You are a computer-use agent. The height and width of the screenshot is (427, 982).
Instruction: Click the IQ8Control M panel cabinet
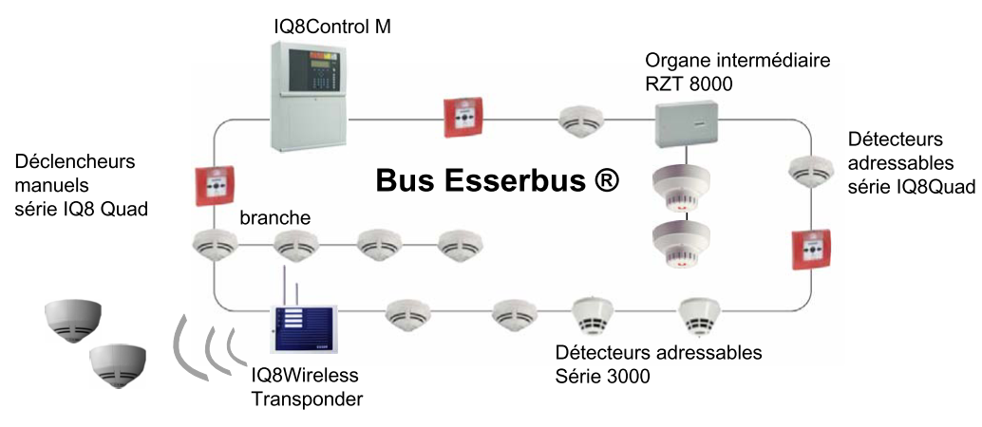309,96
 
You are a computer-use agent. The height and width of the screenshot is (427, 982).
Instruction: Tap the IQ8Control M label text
332,27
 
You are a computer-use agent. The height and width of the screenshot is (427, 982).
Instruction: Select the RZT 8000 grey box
688,124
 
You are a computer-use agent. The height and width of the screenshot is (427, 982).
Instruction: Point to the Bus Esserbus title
498,181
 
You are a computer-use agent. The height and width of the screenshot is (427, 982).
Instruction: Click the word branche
274,218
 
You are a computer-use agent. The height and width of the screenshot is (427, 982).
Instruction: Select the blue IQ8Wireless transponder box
304,328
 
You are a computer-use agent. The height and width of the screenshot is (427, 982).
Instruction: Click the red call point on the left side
215,185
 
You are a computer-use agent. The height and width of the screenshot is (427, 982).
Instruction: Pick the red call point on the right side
812,250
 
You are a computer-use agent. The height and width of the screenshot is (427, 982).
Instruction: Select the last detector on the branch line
461,246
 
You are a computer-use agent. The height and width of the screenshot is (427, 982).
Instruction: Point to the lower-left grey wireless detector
118,365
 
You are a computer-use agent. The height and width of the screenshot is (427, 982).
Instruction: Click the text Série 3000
602,377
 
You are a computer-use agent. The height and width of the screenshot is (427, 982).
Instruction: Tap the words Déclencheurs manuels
75,174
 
